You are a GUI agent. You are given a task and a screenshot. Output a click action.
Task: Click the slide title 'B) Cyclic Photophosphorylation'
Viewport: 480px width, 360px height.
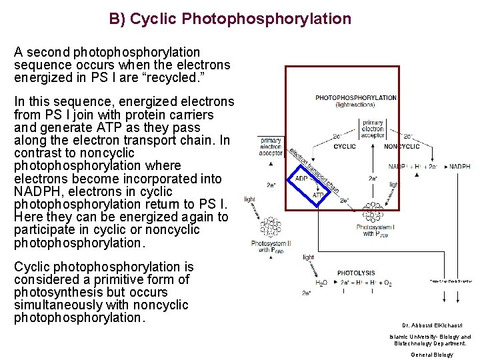[230, 19]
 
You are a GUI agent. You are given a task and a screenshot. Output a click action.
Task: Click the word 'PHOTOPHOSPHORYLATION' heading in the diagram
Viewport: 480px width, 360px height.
[356, 98]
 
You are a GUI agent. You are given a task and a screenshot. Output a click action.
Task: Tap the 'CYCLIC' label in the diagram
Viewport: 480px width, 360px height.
[345, 147]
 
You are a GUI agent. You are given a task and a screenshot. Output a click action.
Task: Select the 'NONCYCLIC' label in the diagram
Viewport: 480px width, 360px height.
[402, 147]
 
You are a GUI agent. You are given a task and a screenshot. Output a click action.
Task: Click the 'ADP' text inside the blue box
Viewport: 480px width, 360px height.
[301, 179]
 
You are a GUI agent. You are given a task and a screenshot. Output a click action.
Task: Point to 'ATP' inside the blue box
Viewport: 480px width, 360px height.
[319, 195]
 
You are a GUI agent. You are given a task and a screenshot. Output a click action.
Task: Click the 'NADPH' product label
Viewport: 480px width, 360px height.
[460, 166]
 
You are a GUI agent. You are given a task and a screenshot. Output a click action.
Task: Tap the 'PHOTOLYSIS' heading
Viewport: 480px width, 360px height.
[356, 273]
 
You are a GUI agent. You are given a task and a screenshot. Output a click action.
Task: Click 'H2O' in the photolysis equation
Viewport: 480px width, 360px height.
[321, 283]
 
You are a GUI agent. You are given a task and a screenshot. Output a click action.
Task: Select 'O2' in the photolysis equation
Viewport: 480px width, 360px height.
[387, 283]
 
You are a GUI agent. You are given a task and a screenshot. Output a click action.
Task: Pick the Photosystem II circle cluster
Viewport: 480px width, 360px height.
[271, 227]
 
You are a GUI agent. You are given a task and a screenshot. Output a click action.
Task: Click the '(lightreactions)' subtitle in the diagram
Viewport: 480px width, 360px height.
[355, 105]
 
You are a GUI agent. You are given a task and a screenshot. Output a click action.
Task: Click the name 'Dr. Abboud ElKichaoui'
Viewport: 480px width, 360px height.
[431, 326]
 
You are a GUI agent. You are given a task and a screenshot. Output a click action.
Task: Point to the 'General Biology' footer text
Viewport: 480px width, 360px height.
[431, 355]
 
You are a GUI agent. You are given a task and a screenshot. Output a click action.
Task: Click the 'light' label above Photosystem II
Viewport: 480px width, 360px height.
[249, 199]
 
